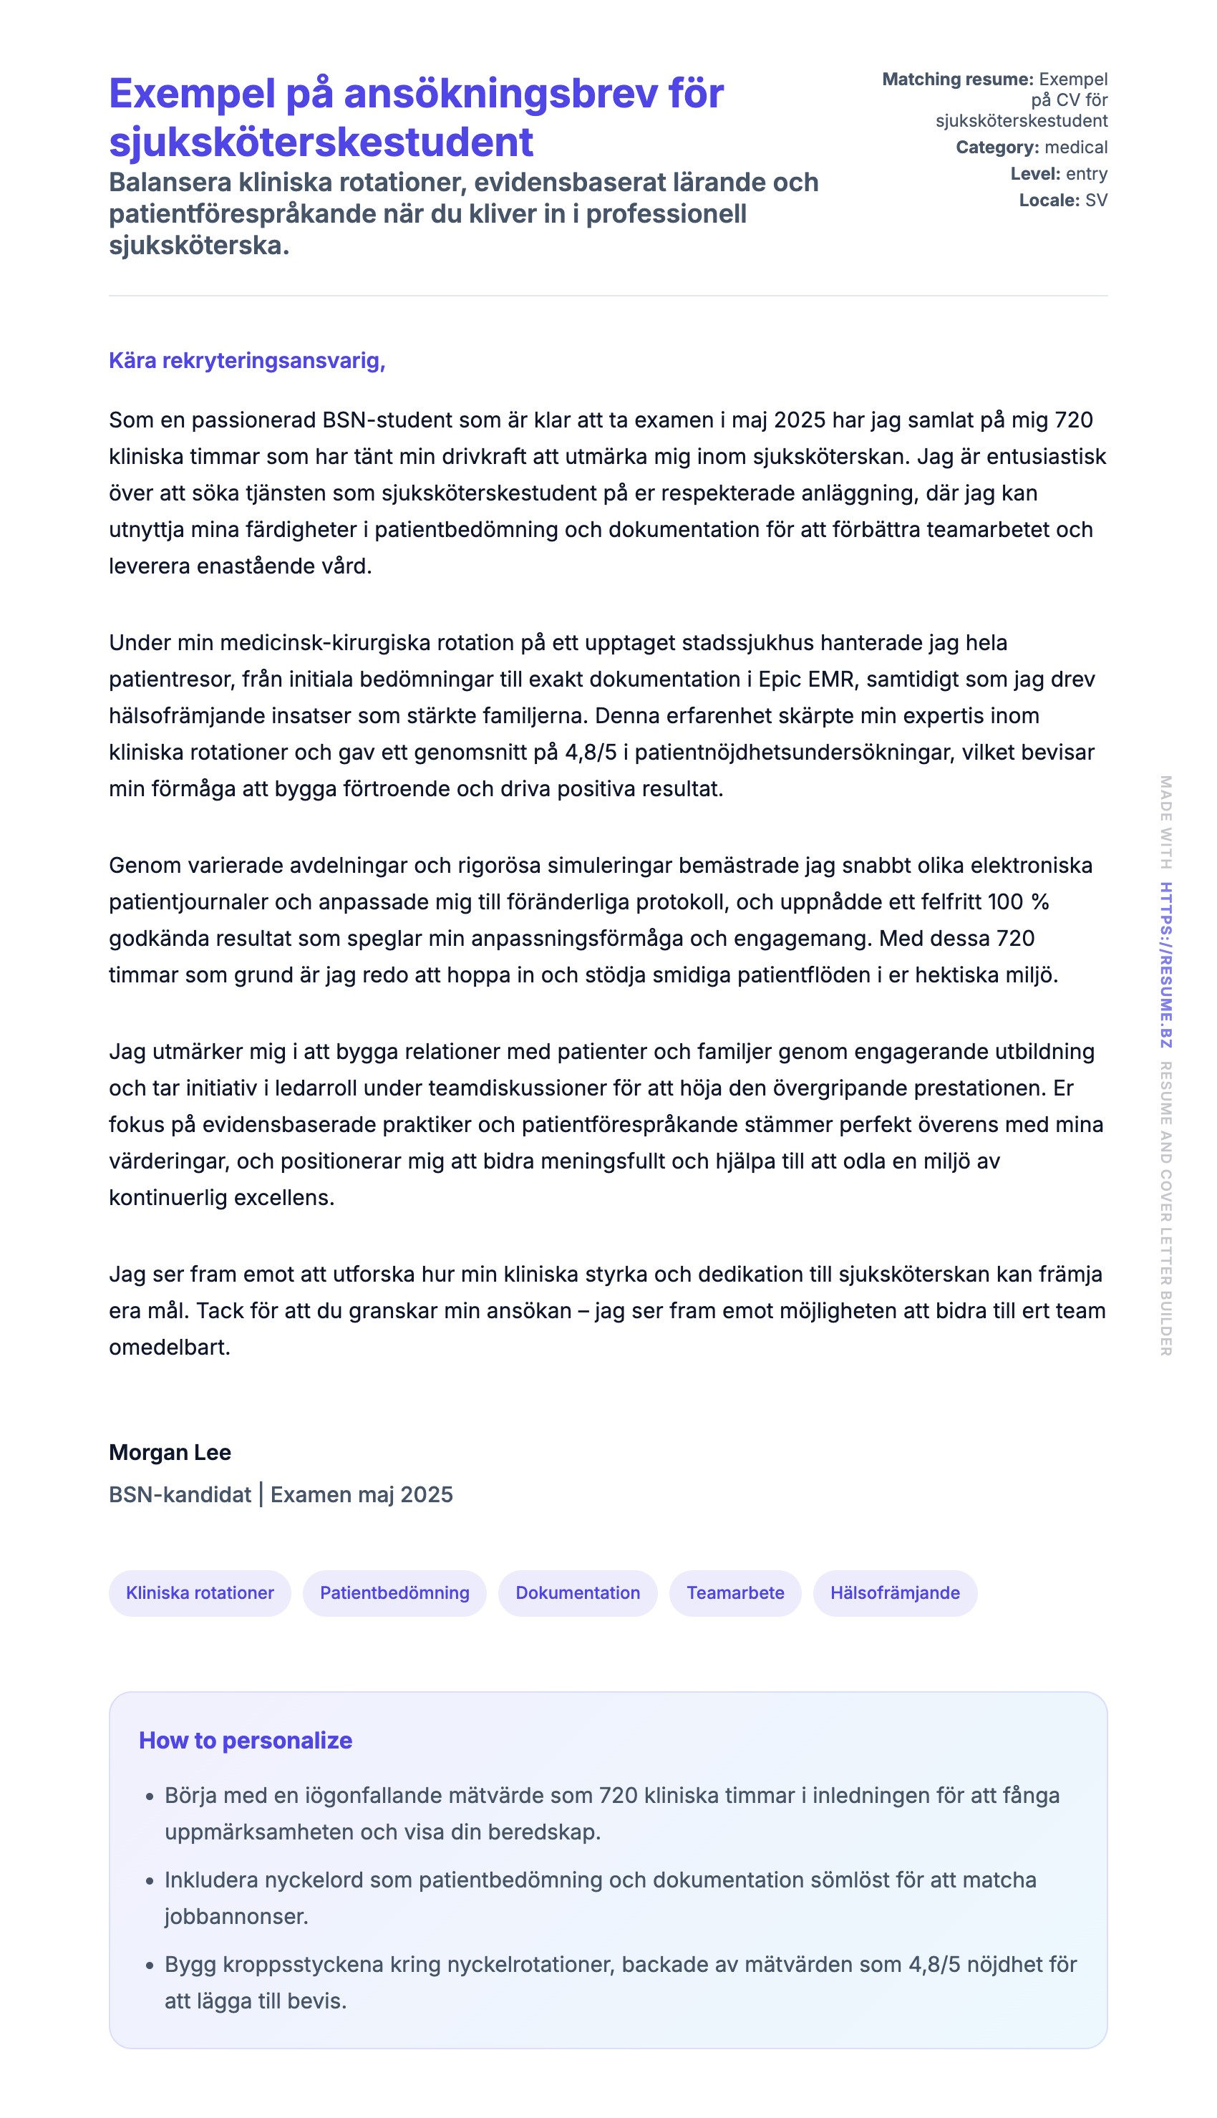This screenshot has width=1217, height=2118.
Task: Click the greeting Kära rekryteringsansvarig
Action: click(x=246, y=360)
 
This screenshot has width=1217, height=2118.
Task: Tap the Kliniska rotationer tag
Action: click(x=200, y=1592)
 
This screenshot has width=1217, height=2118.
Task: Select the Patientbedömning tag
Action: click(x=394, y=1592)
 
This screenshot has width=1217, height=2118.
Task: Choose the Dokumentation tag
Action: click(x=578, y=1592)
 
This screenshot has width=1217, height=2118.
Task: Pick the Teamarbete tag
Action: click(x=735, y=1592)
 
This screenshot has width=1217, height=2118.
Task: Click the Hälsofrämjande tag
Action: click(x=894, y=1592)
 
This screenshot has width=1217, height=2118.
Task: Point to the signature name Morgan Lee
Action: click(x=170, y=1452)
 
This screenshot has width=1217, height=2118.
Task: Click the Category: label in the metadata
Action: click(x=997, y=147)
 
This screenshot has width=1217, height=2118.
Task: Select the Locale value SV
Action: click(x=1096, y=200)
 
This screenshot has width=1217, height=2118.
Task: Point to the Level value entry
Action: click(x=1087, y=174)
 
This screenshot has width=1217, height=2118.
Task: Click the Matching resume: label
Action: click(x=958, y=79)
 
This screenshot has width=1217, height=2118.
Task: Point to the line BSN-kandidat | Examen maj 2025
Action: click(x=281, y=1494)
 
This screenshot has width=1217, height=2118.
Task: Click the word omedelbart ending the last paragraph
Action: click(x=169, y=1347)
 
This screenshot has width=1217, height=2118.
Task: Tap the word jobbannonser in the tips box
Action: click(x=236, y=1916)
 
